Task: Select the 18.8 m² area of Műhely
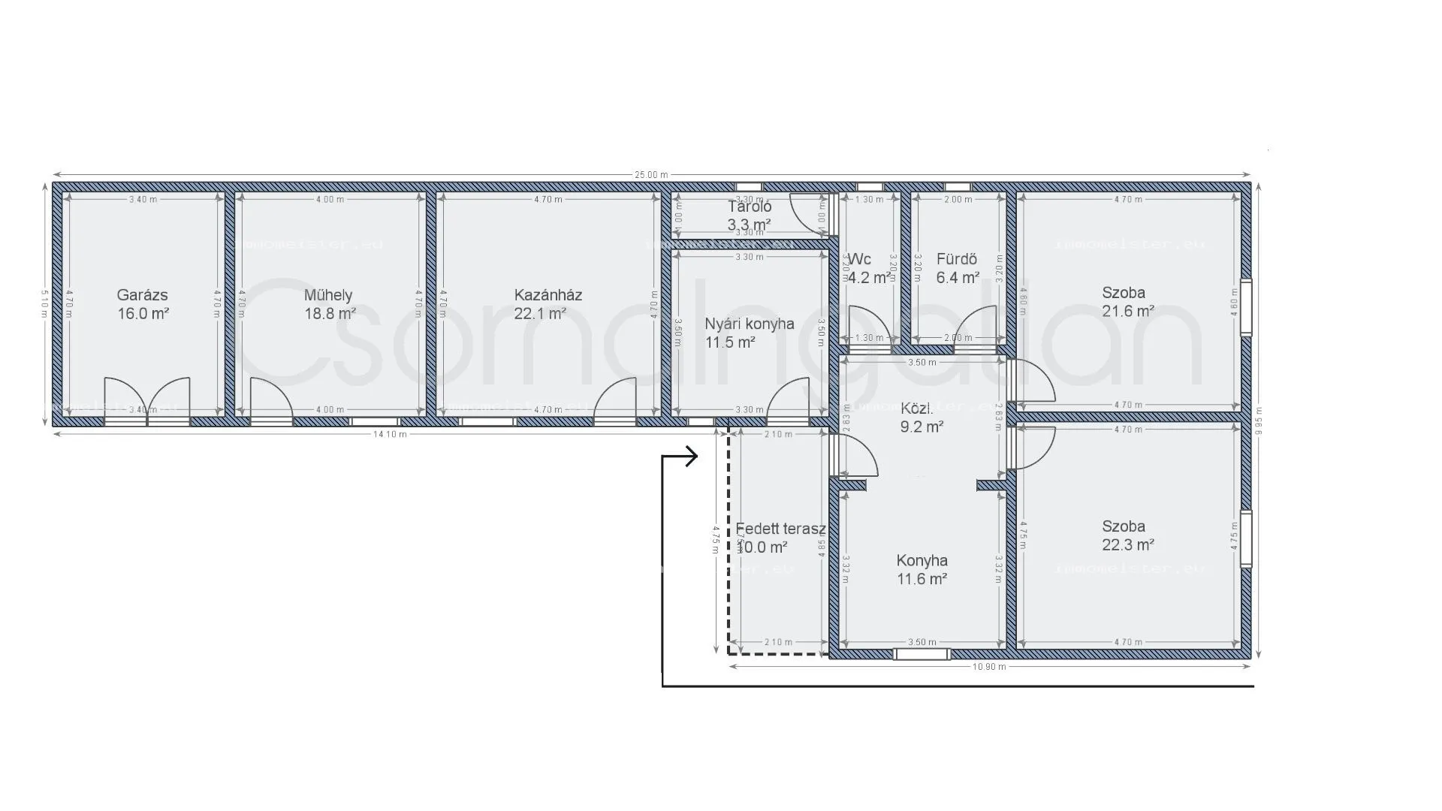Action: (x=330, y=314)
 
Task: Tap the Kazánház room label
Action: (x=548, y=295)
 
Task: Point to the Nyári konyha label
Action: (x=749, y=324)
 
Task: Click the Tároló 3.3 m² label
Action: (x=749, y=216)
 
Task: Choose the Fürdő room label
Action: (x=957, y=260)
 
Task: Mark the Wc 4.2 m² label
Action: (x=868, y=269)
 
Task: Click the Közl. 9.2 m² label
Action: (x=921, y=418)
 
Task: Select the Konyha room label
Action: (x=922, y=561)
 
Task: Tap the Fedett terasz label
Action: (x=780, y=529)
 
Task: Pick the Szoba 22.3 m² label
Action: (x=1127, y=535)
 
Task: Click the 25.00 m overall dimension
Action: (x=651, y=175)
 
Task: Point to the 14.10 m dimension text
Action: (x=390, y=434)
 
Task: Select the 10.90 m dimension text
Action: (x=988, y=667)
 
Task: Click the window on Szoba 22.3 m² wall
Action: (x=1246, y=538)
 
